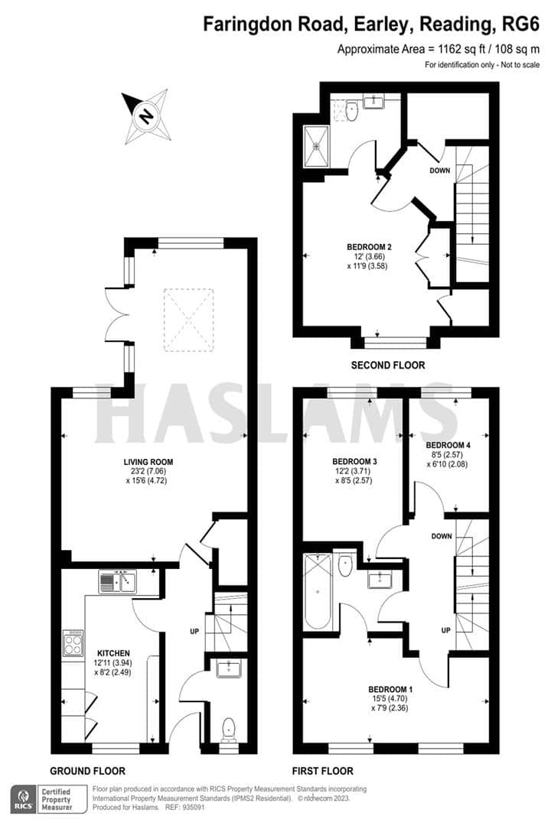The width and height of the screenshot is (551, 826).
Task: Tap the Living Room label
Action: coord(148,462)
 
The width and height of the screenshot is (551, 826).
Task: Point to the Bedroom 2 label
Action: coord(369,247)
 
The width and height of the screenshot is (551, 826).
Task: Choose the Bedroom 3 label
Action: coord(354,462)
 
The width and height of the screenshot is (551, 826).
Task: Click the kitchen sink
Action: coord(117,583)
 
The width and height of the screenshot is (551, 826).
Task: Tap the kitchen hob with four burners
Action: coord(73,642)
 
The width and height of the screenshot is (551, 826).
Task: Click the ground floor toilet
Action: coord(229,730)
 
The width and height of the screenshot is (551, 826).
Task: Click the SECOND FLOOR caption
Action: coord(387,365)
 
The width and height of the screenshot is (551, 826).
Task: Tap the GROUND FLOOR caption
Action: coord(87,771)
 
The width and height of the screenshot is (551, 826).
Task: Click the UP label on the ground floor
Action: coord(194,632)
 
